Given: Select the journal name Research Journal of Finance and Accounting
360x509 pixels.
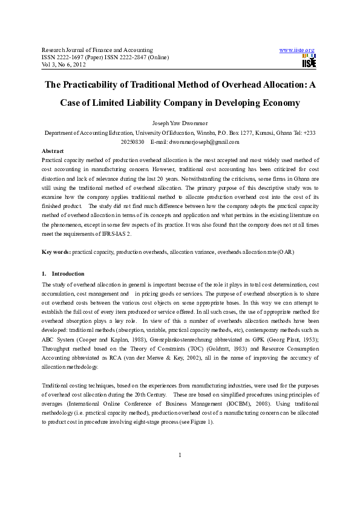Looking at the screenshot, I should point(97,49).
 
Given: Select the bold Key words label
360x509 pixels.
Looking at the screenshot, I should point(56,251).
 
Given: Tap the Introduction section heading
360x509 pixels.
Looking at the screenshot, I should point(68,274).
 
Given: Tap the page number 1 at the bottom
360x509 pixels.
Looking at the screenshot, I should point(180,472).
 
